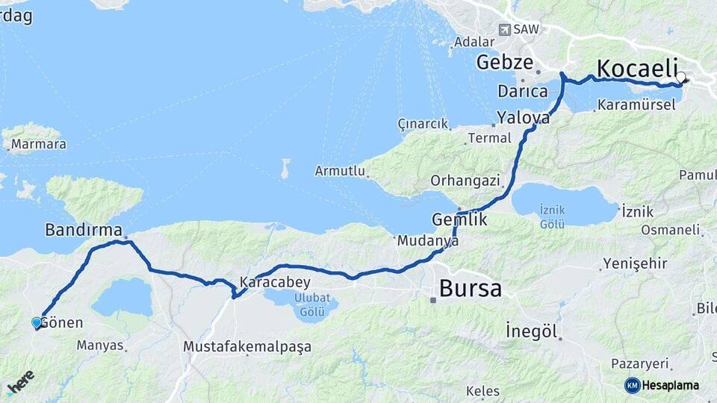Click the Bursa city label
click(470, 289)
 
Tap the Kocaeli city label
click(636, 67)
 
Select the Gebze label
click(505, 62)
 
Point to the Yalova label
click(524, 118)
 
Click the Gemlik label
click(459, 220)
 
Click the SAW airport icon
click(505, 29)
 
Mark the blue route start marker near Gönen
click(37, 322)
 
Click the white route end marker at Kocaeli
click(680, 77)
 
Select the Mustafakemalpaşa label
click(247, 347)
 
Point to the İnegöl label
click(532, 331)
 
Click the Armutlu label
click(340, 171)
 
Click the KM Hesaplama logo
click(662, 385)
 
